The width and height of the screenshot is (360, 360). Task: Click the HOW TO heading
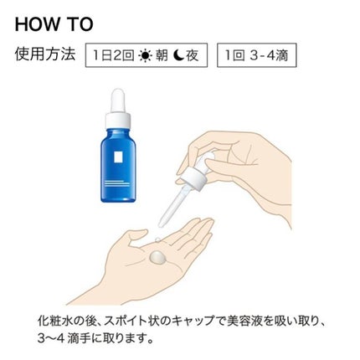pyautogui.click(x=54, y=24)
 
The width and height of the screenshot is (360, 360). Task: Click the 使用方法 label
pyautogui.click(x=45, y=54)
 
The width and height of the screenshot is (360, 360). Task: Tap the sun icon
pyautogui.click(x=145, y=55)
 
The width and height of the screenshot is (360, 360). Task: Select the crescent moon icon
pyautogui.click(x=177, y=55)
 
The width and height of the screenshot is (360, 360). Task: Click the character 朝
pyautogui.click(x=162, y=55)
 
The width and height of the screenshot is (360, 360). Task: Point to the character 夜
pyautogui.click(x=192, y=55)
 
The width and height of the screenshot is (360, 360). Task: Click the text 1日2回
pyautogui.click(x=113, y=55)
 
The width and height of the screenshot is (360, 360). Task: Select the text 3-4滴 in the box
pyautogui.click(x=269, y=55)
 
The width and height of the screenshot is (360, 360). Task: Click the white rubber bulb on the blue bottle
pyautogui.click(x=118, y=100)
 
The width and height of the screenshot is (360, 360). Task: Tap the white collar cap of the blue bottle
pyautogui.click(x=118, y=120)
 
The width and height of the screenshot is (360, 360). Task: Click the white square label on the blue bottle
pyautogui.click(x=118, y=157)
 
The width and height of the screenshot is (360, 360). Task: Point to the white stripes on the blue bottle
pyautogui.click(x=117, y=183)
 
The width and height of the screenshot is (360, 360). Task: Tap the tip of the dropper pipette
pyautogui.click(x=161, y=224)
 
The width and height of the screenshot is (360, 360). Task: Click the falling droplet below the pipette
pyautogui.click(x=157, y=239)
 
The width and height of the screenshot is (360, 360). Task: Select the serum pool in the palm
pyautogui.click(x=157, y=257)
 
